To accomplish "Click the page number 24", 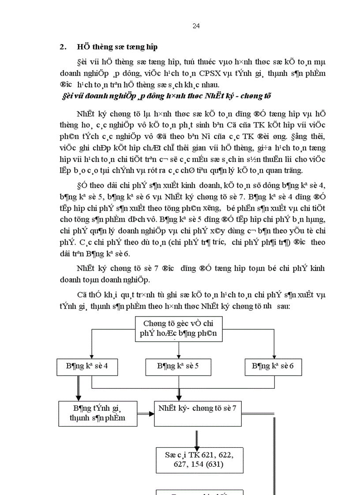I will tap(196, 26).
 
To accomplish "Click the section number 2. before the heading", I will tap(63, 47).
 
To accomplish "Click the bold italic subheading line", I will tap(165, 96).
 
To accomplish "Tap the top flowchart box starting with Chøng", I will tap(178, 329).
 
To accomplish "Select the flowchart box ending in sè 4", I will tap(87, 366).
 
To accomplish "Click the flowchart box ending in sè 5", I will tap(178, 366).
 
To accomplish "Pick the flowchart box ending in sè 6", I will tap(273, 366).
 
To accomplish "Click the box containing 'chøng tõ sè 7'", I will tap(197, 408).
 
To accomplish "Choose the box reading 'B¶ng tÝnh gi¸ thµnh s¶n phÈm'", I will tap(97, 413).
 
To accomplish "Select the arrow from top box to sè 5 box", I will tap(178, 350).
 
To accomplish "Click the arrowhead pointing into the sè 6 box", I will tap(274, 356).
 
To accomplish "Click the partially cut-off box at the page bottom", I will tap(200, 492).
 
